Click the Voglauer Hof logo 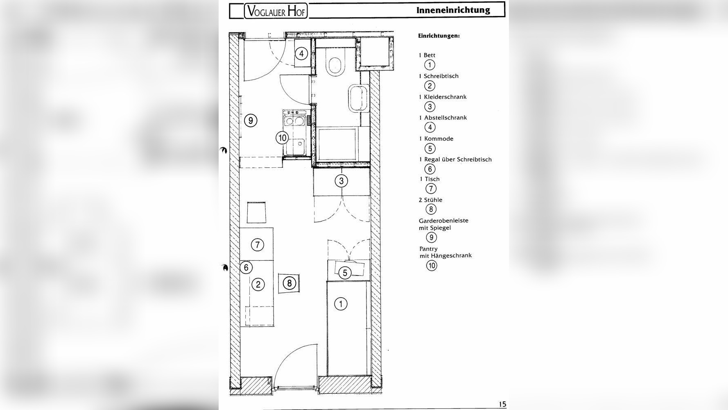tap(276, 11)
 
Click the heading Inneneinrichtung tap(453, 10)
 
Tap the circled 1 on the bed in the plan tap(341, 304)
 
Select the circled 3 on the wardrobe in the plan tap(341, 181)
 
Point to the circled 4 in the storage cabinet tap(302, 54)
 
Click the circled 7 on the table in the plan tap(257, 245)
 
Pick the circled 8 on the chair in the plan tap(289, 283)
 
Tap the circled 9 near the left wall tap(251, 121)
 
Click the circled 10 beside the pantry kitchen tap(283, 138)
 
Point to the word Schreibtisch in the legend tap(441, 76)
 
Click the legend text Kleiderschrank tap(445, 97)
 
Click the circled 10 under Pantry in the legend tap(432, 265)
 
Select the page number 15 tap(502, 404)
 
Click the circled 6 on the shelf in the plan tap(246, 268)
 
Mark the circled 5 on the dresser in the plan tap(345, 273)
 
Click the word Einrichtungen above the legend tap(439, 36)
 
